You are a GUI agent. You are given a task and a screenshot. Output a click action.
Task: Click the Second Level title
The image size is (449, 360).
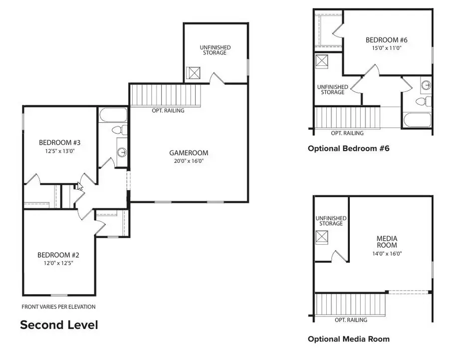59,325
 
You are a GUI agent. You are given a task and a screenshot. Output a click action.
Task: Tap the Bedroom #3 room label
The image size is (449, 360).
59,143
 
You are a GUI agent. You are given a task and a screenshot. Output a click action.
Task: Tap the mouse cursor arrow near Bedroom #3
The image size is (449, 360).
80,186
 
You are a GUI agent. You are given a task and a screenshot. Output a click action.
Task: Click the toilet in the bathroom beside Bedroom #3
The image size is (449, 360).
118,130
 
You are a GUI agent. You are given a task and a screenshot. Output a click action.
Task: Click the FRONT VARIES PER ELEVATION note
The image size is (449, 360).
58,307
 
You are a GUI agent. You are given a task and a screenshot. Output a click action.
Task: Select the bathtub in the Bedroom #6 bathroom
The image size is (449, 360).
417,120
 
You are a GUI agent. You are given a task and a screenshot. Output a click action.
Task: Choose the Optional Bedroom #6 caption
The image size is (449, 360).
348,148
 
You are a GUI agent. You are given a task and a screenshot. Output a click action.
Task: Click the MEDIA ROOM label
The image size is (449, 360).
387,242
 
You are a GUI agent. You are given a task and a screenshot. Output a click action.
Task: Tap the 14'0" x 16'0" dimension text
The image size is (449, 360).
387,253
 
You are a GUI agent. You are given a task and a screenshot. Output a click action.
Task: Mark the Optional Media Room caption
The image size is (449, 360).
348,339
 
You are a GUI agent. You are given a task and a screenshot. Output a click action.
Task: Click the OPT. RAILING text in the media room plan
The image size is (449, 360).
351,320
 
